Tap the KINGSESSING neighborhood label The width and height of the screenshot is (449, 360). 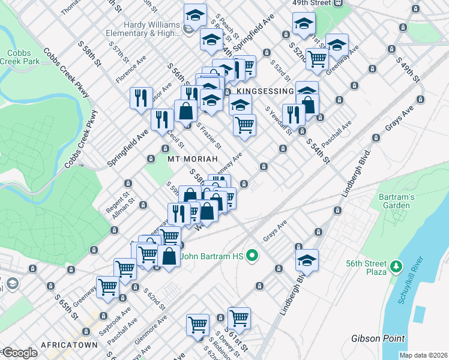(x=264, y=91)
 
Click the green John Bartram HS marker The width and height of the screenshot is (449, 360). (x=252, y=256)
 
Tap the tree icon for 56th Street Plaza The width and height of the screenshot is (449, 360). (x=396, y=265)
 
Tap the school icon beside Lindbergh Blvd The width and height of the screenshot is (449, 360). (x=307, y=260)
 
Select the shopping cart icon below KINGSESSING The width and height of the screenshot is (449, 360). (x=245, y=125)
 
